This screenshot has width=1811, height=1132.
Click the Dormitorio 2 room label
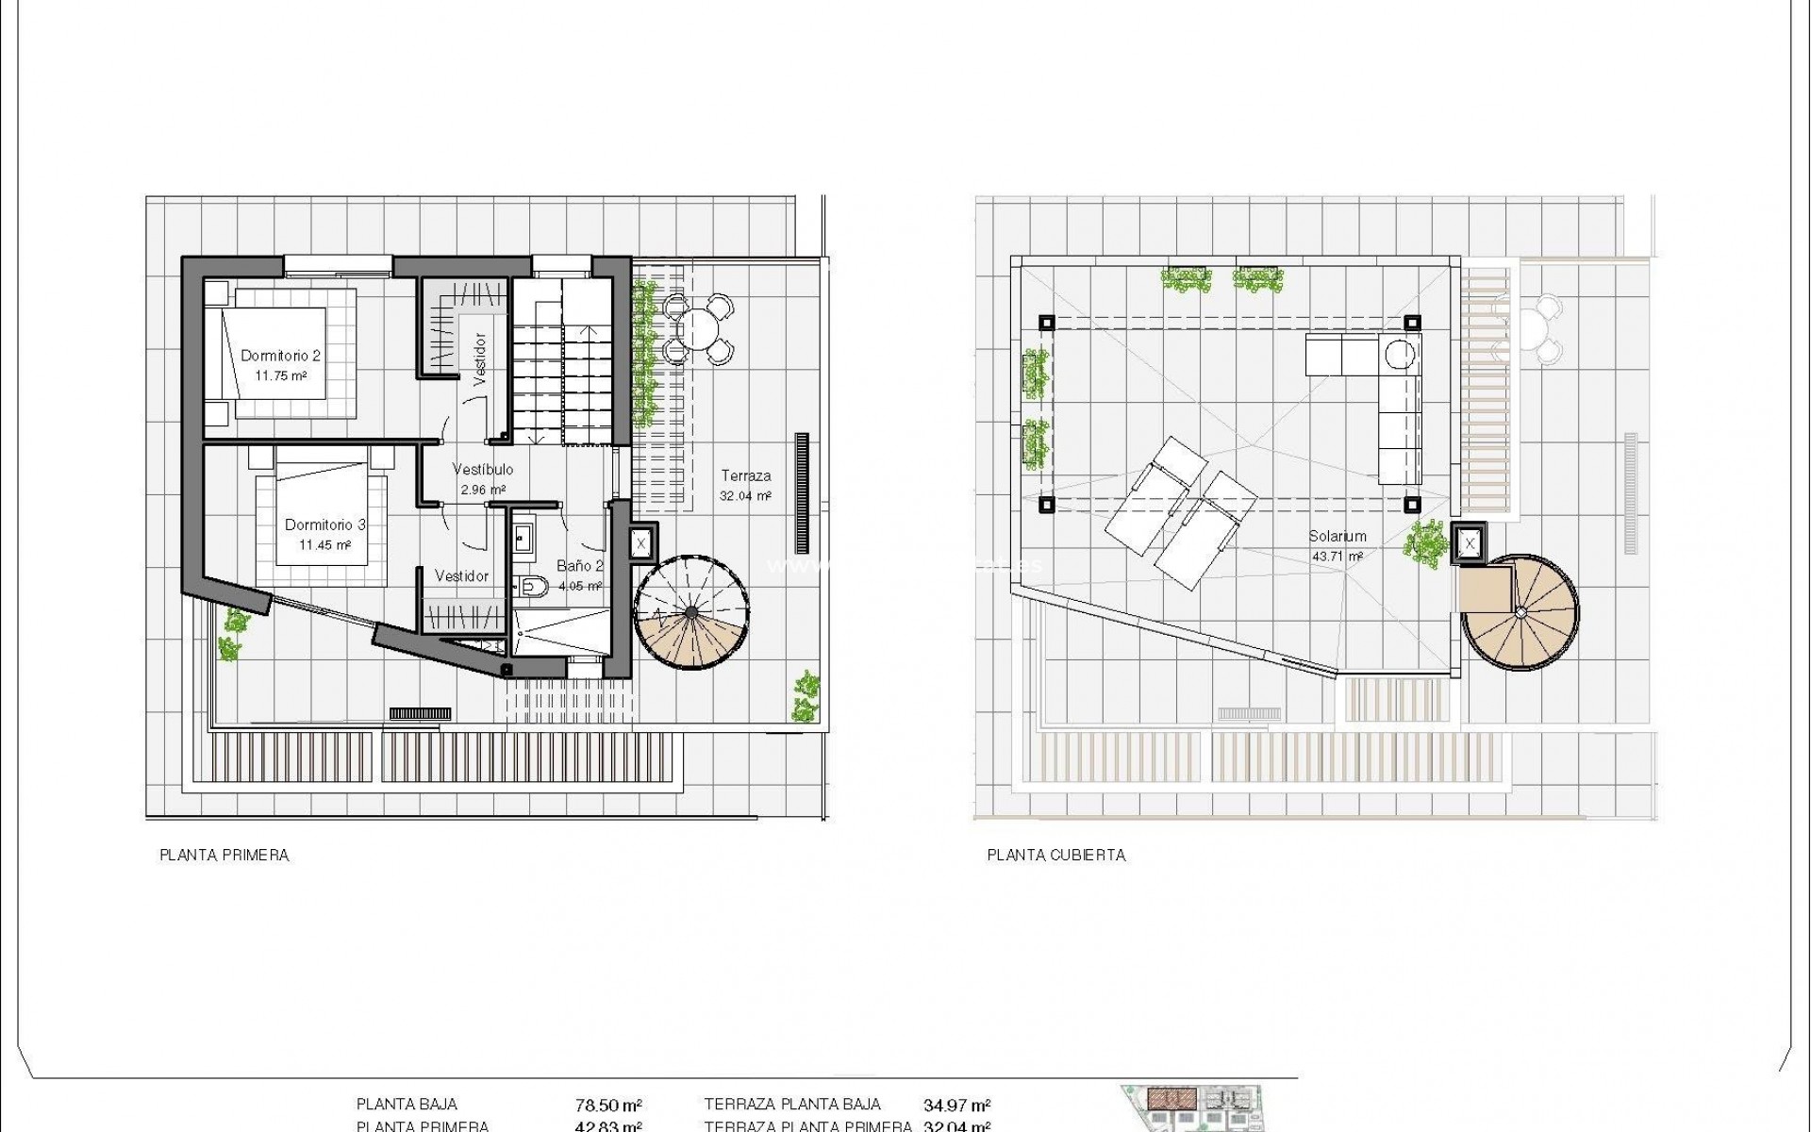[x=280, y=356]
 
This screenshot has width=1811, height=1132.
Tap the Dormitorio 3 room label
[x=324, y=524]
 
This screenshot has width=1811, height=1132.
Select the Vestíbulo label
[x=483, y=469]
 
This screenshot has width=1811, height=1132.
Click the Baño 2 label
[x=579, y=566]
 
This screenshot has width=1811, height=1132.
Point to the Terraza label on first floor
[x=746, y=475]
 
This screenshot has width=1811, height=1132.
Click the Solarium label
[x=1337, y=536]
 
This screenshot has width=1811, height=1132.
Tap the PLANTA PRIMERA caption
[x=224, y=856]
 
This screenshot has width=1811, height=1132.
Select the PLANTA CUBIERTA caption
[x=1055, y=856]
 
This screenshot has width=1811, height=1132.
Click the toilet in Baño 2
[x=534, y=586]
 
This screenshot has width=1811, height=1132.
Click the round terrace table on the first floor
[x=698, y=329]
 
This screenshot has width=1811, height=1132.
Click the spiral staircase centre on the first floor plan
[x=691, y=613]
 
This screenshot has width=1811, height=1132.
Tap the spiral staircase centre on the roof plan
[x=1520, y=611]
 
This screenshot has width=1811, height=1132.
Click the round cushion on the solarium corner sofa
[x=1401, y=354]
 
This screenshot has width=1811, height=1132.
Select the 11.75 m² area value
[x=280, y=375]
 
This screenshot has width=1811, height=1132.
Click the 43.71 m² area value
[x=1337, y=557]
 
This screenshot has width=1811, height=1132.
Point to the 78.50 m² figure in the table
[x=608, y=1105]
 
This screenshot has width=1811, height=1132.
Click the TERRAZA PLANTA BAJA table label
[x=792, y=1105]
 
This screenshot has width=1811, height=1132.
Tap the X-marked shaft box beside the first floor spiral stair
[x=640, y=543]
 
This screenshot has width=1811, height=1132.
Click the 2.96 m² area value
[x=483, y=490]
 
